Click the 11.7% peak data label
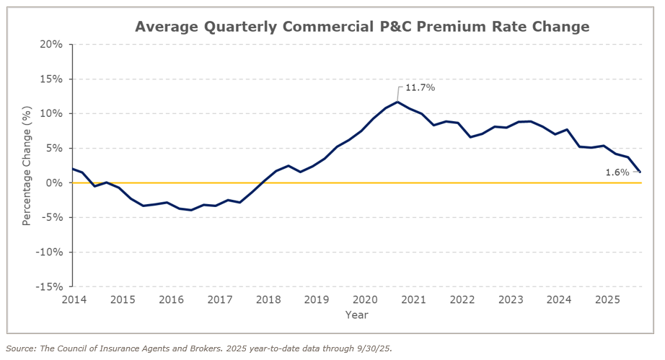click(x=420, y=87)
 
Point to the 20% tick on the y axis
click(x=52, y=45)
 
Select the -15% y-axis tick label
click(x=49, y=287)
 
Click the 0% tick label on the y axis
click(x=55, y=183)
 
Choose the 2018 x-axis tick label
click(x=268, y=299)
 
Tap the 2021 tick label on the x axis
click(x=414, y=299)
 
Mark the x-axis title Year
click(x=356, y=315)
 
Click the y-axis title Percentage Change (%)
click(x=27, y=165)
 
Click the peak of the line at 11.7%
click(x=397, y=102)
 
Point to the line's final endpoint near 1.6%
click(x=640, y=172)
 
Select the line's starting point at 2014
click(x=73, y=169)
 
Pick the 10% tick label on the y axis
click(x=52, y=114)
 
